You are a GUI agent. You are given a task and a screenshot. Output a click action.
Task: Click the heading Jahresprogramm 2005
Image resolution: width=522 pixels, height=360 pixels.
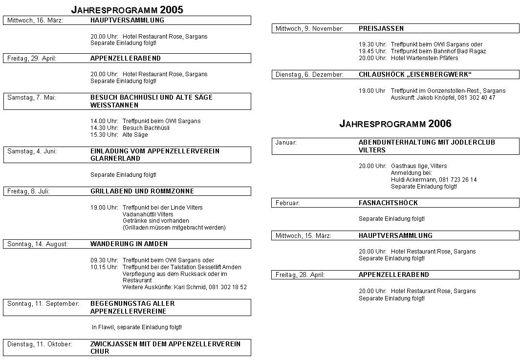(127, 9)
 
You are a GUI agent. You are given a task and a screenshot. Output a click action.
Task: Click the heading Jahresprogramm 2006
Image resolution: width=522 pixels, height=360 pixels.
(395, 124)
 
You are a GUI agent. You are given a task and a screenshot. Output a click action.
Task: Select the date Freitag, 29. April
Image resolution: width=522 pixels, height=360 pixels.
(32, 59)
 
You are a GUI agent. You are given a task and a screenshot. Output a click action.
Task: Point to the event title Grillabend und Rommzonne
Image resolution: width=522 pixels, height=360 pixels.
(142, 191)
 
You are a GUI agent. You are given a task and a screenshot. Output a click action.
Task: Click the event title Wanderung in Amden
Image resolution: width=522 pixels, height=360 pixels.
(129, 244)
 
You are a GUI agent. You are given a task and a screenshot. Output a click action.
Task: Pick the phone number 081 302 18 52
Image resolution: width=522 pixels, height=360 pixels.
(227, 287)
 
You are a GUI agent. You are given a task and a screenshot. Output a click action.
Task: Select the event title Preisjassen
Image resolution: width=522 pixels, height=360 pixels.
(381, 29)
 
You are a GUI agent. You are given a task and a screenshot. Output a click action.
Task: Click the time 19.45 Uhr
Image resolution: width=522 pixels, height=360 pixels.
(372, 51)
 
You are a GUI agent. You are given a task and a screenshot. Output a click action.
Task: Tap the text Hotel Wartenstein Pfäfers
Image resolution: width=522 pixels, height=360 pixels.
(424, 58)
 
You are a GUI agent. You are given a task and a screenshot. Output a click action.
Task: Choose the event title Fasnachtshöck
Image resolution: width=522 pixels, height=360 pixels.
(388, 203)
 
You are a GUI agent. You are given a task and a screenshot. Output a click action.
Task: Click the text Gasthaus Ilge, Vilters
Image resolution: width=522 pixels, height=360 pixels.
(418, 166)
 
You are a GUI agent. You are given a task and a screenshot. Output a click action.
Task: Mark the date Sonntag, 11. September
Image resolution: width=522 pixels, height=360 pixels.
(43, 304)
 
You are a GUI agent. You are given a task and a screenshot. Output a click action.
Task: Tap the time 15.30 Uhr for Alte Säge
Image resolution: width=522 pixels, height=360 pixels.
(104, 135)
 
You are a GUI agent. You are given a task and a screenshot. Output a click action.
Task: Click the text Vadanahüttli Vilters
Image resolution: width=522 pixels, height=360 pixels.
(148, 214)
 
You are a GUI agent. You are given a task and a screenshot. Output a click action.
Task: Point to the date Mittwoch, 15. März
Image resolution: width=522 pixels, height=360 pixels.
(303, 236)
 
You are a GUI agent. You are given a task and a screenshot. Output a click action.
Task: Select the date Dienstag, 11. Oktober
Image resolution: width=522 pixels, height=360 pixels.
(40, 344)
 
